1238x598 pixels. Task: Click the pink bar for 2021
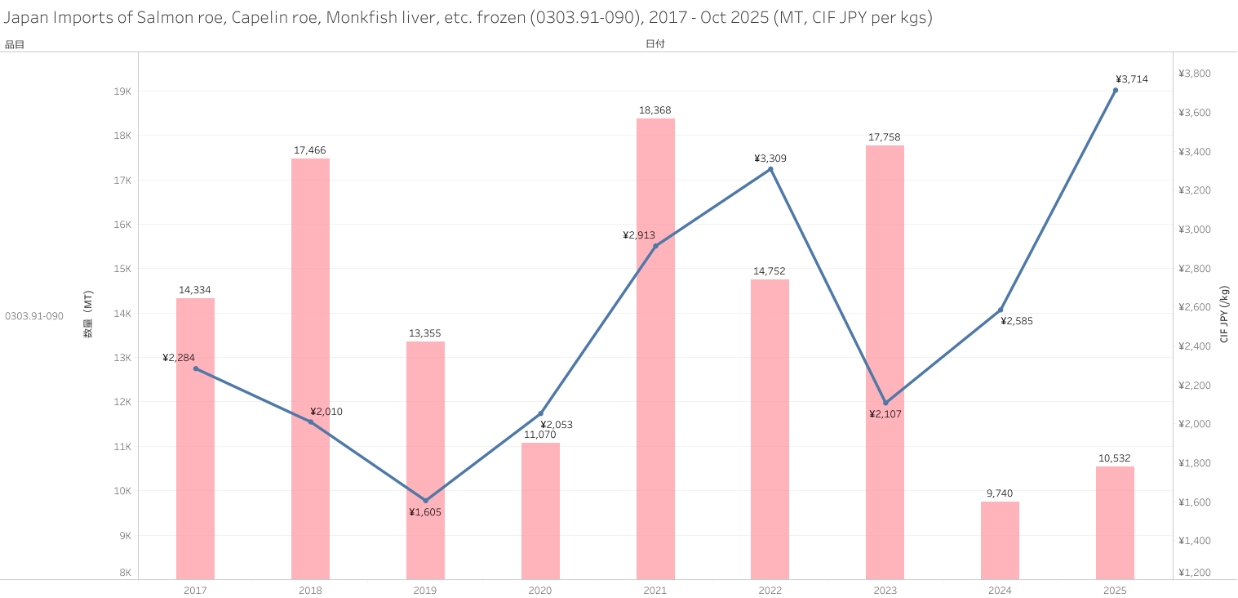click(655, 349)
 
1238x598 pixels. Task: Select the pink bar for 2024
click(1000, 540)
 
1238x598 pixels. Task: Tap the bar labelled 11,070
click(540, 511)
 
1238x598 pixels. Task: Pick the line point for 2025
click(1116, 91)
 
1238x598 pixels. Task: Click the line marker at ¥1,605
click(425, 501)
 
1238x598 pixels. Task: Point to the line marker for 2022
click(770, 169)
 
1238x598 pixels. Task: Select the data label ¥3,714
click(1131, 79)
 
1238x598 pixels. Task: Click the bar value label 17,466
click(310, 150)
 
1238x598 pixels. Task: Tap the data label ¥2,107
click(885, 414)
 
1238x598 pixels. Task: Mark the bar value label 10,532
click(1115, 458)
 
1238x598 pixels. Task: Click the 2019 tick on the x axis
click(425, 590)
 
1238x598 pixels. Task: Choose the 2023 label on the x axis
click(885, 590)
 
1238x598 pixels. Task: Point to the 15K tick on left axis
click(122, 269)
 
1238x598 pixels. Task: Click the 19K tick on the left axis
click(122, 91)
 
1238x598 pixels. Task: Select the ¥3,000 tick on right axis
click(1195, 230)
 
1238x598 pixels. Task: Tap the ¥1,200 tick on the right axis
click(1195, 572)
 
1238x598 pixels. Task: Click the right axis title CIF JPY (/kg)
click(1224, 315)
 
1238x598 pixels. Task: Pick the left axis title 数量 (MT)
click(88, 315)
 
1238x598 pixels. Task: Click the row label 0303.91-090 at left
click(34, 316)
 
